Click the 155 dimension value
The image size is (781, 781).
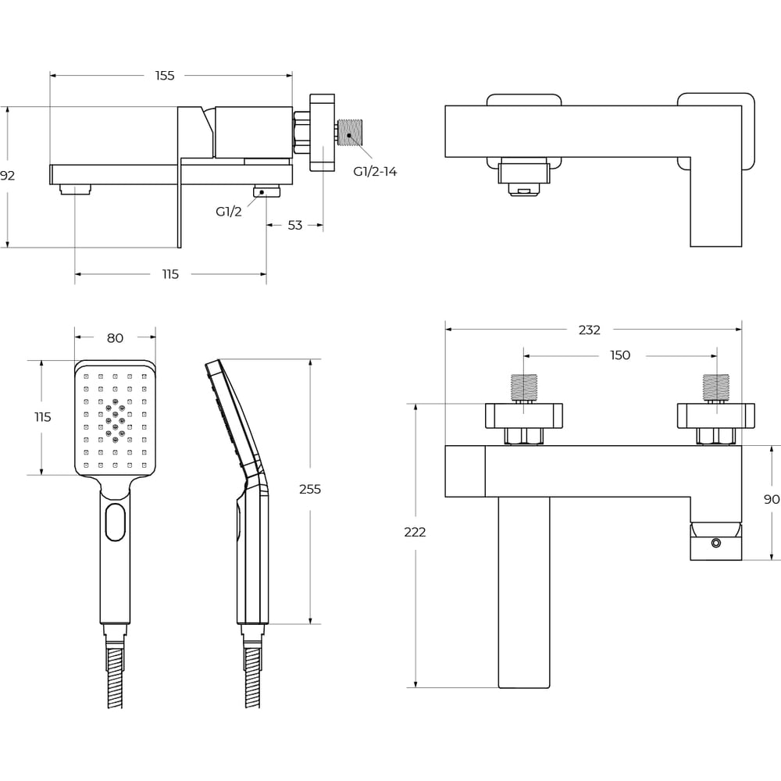click(x=165, y=76)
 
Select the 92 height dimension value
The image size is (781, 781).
click(x=7, y=175)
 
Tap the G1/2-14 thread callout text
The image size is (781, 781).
click(x=375, y=171)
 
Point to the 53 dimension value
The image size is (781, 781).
click(x=295, y=225)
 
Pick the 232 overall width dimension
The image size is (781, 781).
click(x=589, y=330)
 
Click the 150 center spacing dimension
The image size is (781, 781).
click(x=620, y=355)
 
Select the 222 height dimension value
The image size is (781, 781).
click(x=415, y=532)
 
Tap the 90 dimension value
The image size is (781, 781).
click(x=772, y=499)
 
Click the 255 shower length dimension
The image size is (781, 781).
click(x=310, y=489)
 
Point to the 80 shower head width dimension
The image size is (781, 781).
click(x=115, y=338)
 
